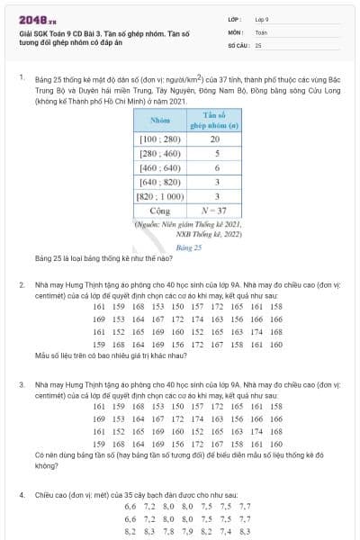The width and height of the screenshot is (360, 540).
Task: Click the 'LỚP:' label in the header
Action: coord(235,18)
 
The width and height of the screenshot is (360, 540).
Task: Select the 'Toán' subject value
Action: coord(261,31)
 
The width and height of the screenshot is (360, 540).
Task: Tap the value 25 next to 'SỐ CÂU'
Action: coord(258,43)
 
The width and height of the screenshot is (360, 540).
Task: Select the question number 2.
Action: coord(22,284)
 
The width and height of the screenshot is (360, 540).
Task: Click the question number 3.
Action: coord(22,383)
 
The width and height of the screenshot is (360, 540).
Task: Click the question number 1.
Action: coord(21,78)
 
